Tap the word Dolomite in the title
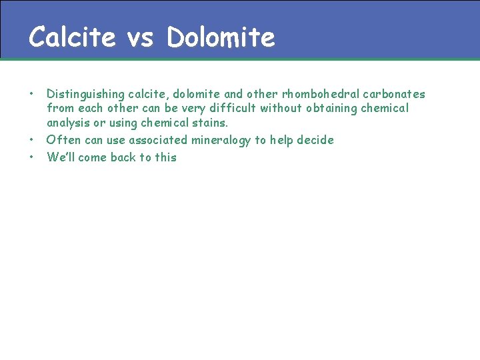pyautogui.click(x=221, y=37)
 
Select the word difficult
pyautogui.click(x=231, y=108)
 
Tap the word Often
pyautogui.click(x=62, y=140)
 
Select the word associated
pyautogui.click(x=158, y=140)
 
